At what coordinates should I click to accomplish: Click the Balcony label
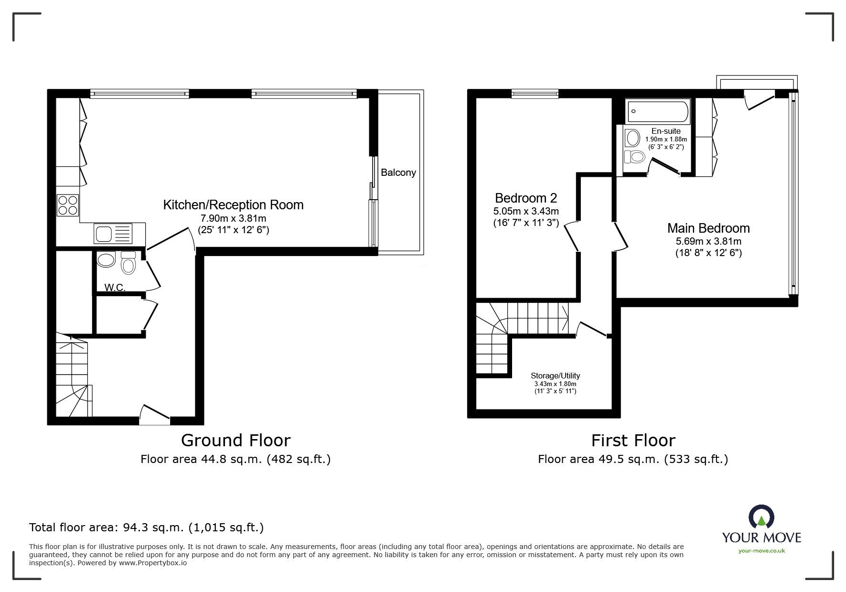(398, 172)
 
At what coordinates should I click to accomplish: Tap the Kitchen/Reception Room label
(233, 205)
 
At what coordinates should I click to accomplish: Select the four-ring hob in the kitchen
(68, 205)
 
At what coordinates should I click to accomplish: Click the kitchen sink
(113, 234)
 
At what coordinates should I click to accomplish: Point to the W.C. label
(115, 287)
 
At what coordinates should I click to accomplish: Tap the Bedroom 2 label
(526, 198)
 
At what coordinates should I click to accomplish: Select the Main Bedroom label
(708, 228)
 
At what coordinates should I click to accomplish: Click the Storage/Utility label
(555, 376)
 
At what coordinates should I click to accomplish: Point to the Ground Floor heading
(236, 440)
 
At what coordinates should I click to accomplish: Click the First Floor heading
(633, 440)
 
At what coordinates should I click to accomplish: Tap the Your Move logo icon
(761, 517)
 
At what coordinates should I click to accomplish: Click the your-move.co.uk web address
(761, 551)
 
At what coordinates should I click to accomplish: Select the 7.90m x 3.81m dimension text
(233, 218)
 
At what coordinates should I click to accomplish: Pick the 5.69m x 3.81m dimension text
(708, 242)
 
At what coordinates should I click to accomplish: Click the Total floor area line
(146, 527)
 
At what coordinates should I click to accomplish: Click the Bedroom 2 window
(535, 94)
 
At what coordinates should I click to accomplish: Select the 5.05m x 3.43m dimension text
(526, 211)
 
